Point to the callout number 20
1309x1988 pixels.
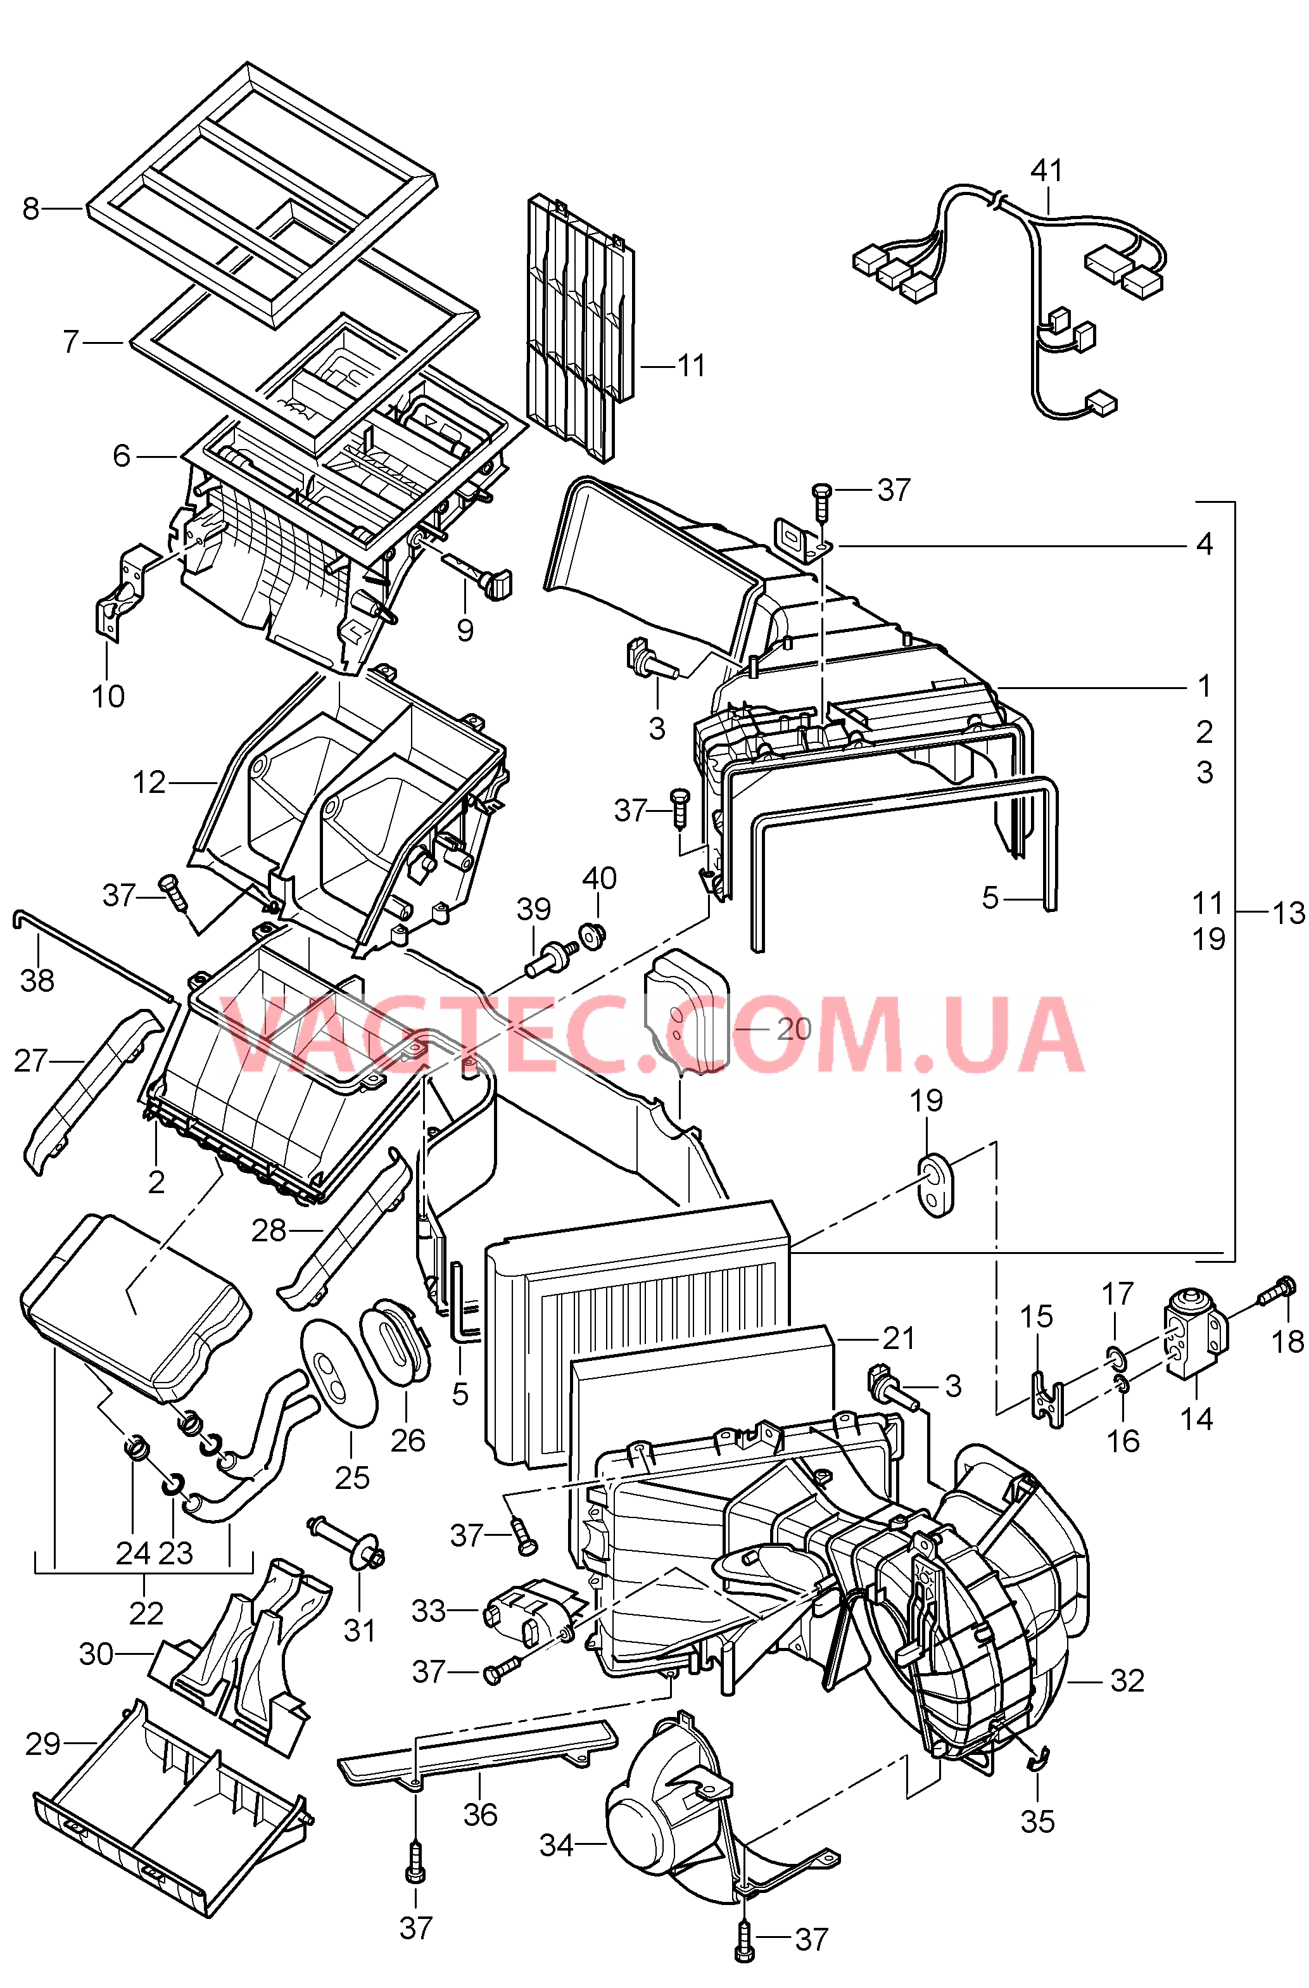pyautogui.click(x=794, y=1029)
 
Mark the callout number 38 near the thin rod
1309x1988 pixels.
pyautogui.click(x=37, y=980)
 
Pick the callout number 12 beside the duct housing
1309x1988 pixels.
pyautogui.click(x=149, y=783)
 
